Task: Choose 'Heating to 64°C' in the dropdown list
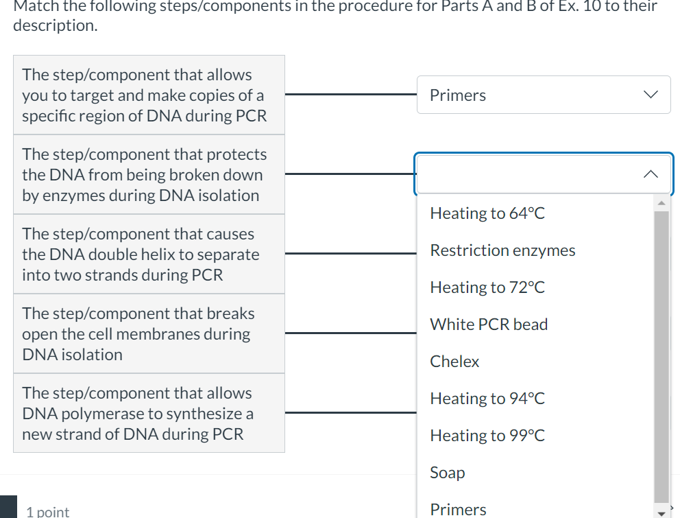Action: tap(487, 213)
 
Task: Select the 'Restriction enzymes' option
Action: tap(502, 250)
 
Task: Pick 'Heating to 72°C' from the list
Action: tap(487, 287)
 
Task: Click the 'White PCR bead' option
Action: tap(489, 325)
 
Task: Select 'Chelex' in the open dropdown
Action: tap(454, 362)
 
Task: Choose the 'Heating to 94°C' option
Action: tap(487, 399)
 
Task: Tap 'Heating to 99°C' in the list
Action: tap(487, 436)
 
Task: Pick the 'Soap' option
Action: tap(448, 473)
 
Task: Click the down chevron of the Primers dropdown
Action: tap(651, 95)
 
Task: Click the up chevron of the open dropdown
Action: tap(651, 174)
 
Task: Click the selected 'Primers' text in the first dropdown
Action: tap(458, 95)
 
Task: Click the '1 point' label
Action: tap(47, 511)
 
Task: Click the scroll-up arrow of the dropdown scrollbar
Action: tap(661, 203)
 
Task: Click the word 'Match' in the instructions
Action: tap(33, 7)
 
